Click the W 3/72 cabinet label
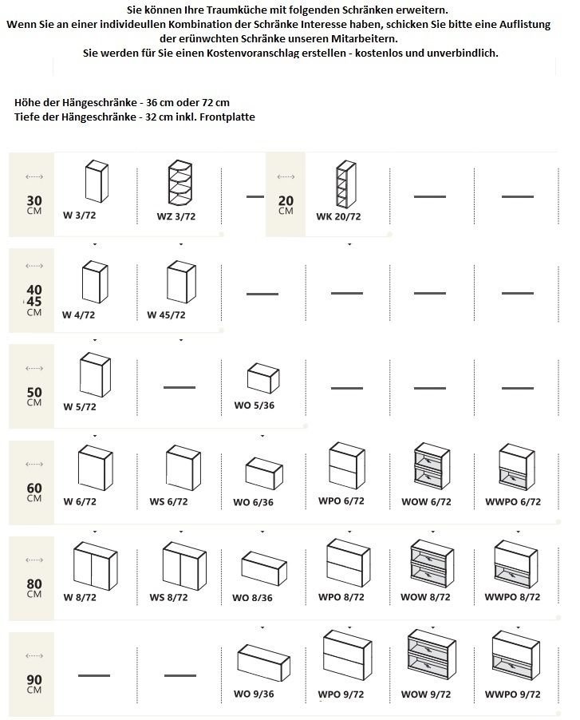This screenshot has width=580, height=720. [x=80, y=215]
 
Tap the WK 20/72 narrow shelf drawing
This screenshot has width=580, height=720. [x=346, y=184]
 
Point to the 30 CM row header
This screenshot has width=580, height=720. [x=34, y=204]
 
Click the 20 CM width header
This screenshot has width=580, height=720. [x=286, y=204]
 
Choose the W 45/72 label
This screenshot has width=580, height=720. [x=166, y=315]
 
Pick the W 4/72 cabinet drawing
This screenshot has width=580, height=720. [x=95, y=282]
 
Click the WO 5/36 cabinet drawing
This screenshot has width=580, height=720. [x=263, y=378]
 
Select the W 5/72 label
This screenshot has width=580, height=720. [x=80, y=407]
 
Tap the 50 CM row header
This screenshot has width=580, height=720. [x=34, y=396]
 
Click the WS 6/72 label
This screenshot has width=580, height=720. [x=168, y=501]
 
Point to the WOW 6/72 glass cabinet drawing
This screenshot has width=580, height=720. [x=432, y=466]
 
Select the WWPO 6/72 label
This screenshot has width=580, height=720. [x=513, y=502]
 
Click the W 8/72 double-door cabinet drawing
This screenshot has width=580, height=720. [x=96, y=566]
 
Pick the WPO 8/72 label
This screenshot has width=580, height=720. [x=341, y=597]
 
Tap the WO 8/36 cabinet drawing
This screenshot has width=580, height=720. [x=264, y=568]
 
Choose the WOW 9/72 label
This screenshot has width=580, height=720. [x=426, y=694]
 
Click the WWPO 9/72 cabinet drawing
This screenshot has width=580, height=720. [x=515, y=655]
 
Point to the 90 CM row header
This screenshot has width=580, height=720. [x=34, y=683]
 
